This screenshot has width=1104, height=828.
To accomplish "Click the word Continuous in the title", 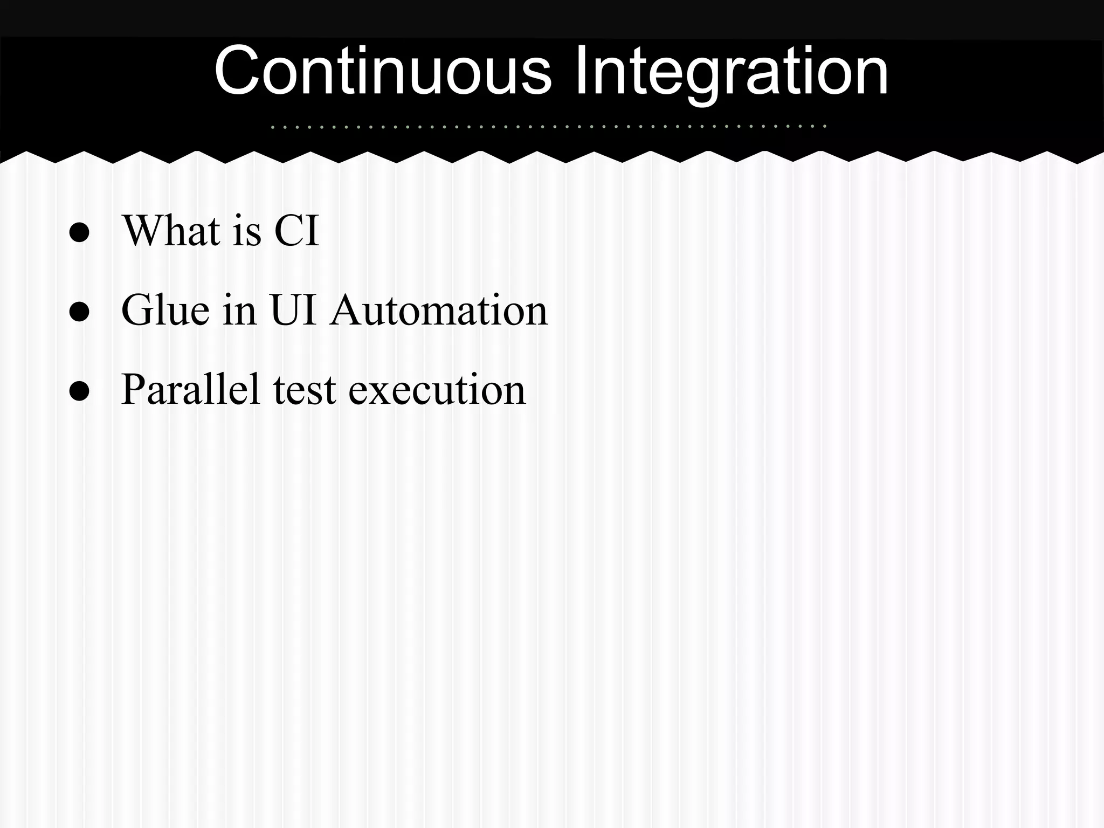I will [x=383, y=71].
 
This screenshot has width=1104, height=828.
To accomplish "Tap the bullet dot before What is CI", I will [x=79, y=232].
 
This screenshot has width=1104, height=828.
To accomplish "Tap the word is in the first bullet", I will [x=247, y=231].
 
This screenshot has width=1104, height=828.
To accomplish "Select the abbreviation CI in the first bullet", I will [x=296, y=231].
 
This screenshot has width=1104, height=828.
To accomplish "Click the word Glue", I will [x=165, y=310].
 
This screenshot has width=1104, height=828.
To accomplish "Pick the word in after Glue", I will [x=239, y=310].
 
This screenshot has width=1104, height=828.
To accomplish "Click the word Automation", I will [x=439, y=310].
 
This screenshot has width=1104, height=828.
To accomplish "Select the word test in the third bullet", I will [x=305, y=389].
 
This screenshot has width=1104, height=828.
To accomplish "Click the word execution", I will [x=437, y=389].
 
